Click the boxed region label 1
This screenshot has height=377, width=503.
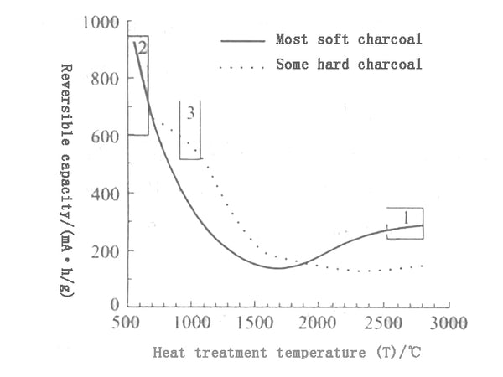pos(407,218)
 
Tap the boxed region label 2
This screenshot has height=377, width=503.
pos(142,48)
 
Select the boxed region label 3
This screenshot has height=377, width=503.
pos(191,113)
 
